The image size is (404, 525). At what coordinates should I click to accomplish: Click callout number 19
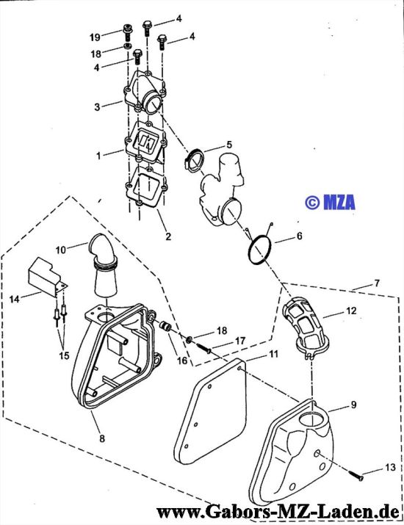tap(95, 37)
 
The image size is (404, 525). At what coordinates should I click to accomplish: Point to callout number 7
tap(378, 283)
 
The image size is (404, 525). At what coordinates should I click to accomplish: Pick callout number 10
tap(61, 250)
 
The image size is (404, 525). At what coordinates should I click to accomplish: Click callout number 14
tap(15, 298)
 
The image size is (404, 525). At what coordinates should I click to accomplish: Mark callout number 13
tap(389, 468)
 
